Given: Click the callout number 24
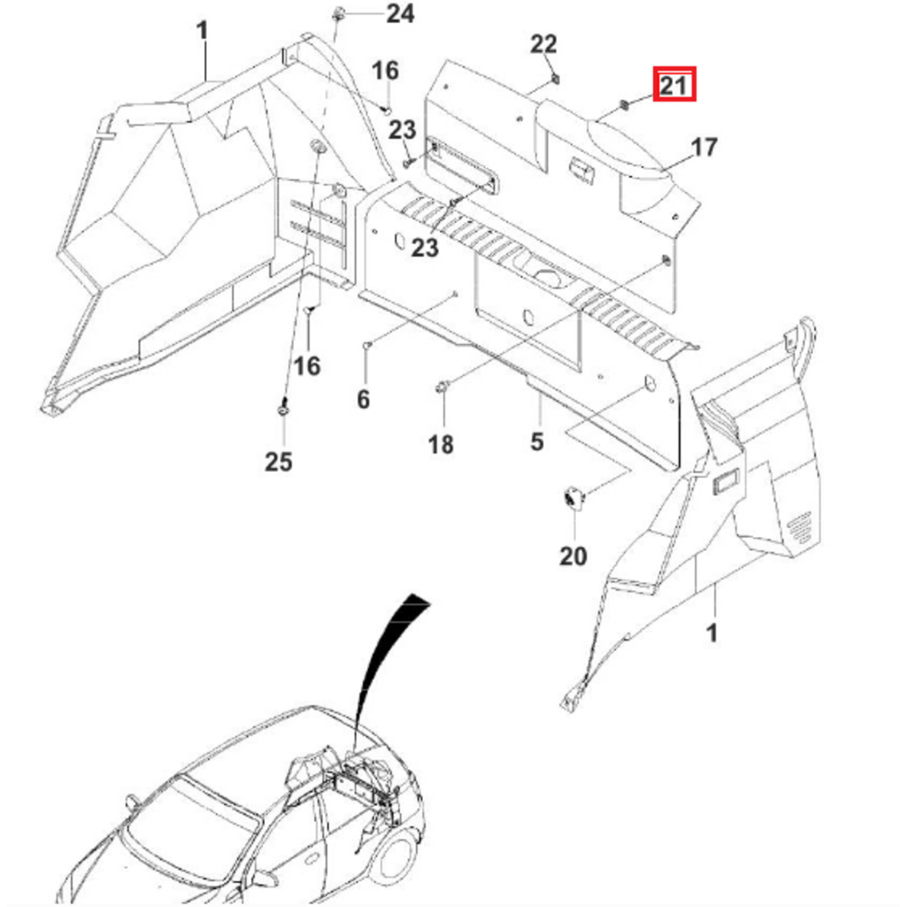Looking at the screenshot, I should tap(400, 14).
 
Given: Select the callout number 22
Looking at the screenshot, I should tap(544, 44).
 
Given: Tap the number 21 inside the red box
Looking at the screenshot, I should tap(674, 86).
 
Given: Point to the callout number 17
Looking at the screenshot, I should tap(704, 147).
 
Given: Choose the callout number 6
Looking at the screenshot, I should tap(363, 399).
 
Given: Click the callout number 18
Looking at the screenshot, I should tap(442, 444).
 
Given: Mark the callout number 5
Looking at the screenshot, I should tap(537, 442).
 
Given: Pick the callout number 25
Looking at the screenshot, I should tap(278, 462).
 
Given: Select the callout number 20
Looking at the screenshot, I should tap(573, 556).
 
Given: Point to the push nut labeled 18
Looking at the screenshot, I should tap(443, 388).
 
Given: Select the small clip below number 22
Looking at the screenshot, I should tap(552, 79).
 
